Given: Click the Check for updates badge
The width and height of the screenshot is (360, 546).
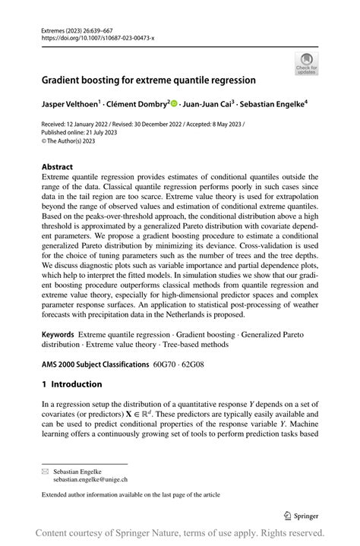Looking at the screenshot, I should [306, 63].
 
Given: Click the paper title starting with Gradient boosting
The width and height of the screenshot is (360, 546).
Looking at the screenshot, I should [148, 78].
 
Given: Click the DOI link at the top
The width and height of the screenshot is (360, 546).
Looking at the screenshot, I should [95, 36].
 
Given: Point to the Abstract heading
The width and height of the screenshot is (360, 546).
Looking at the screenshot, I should [58, 166].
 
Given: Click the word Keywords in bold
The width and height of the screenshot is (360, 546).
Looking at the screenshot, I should [58, 334].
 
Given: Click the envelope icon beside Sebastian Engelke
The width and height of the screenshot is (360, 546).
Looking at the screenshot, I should [44, 472].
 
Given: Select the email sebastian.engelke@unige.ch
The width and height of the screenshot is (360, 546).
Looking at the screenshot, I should [90, 480].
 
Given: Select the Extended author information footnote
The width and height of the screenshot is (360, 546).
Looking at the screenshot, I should [131, 494].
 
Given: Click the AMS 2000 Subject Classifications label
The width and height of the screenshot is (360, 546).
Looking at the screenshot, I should [95, 365].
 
